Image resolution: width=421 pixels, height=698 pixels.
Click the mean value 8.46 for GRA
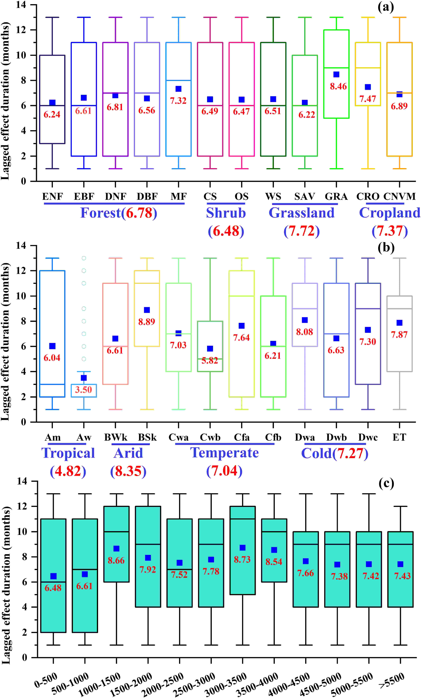(338, 86)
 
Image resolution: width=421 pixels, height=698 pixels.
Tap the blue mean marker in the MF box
(178, 89)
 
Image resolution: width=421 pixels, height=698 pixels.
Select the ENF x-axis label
(52, 196)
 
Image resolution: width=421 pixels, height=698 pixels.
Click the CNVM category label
(399, 196)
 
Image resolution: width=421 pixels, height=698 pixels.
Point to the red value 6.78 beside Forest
(139, 213)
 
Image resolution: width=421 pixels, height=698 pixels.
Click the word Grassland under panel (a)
(302, 213)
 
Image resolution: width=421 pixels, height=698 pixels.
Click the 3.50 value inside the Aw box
(83, 390)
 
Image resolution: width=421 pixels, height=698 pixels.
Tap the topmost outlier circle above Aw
(84, 258)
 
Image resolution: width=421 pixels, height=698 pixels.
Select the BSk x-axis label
(147, 437)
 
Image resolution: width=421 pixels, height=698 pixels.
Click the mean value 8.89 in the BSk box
(147, 322)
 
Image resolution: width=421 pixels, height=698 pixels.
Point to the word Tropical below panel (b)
(68, 453)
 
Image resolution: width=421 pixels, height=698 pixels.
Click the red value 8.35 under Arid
(128, 471)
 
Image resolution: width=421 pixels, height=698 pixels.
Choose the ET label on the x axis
(399, 437)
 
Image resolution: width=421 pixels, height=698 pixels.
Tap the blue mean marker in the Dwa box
(305, 320)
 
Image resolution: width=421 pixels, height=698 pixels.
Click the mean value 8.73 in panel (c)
(242, 559)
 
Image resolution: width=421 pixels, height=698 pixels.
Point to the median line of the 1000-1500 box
(116, 532)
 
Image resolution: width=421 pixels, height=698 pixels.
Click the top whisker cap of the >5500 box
(400, 506)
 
